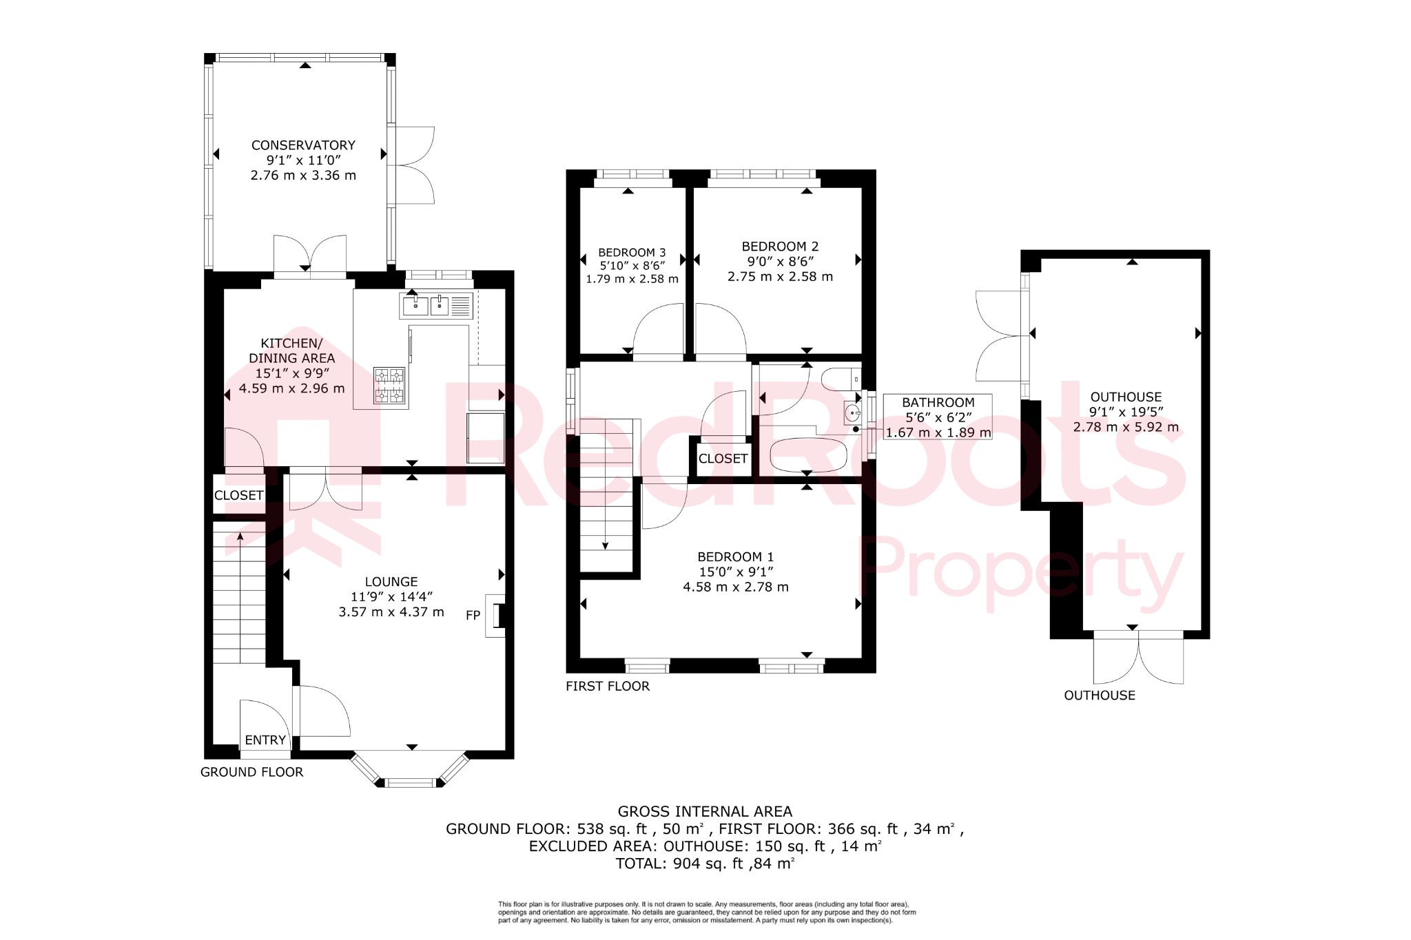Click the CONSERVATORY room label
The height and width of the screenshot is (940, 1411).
(303, 145)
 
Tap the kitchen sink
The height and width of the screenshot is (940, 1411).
(427, 305)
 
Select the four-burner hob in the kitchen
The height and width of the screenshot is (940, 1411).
(389, 385)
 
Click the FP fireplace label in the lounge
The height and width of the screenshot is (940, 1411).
(473, 615)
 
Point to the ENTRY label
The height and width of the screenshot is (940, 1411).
(265, 740)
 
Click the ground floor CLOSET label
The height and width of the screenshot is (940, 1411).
(238, 495)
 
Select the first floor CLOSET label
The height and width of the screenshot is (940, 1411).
(723, 459)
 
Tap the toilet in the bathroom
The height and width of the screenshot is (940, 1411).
(841, 378)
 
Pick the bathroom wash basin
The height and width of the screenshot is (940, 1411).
(853, 413)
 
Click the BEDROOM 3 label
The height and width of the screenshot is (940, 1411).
(632, 253)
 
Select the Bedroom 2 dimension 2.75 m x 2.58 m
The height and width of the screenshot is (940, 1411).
(780, 277)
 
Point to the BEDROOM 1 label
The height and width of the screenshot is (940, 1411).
(735, 556)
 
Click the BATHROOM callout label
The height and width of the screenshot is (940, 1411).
(938, 402)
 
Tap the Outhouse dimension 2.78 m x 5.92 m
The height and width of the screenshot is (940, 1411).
(1126, 427)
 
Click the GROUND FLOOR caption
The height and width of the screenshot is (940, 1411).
(251, 772)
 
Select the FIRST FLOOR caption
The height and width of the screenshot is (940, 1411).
(607, 686)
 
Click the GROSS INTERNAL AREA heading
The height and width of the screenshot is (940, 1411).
(705, 811)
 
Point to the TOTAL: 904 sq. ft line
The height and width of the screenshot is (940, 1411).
(705, 864)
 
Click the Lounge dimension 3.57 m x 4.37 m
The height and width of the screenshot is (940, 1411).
(391, 612)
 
